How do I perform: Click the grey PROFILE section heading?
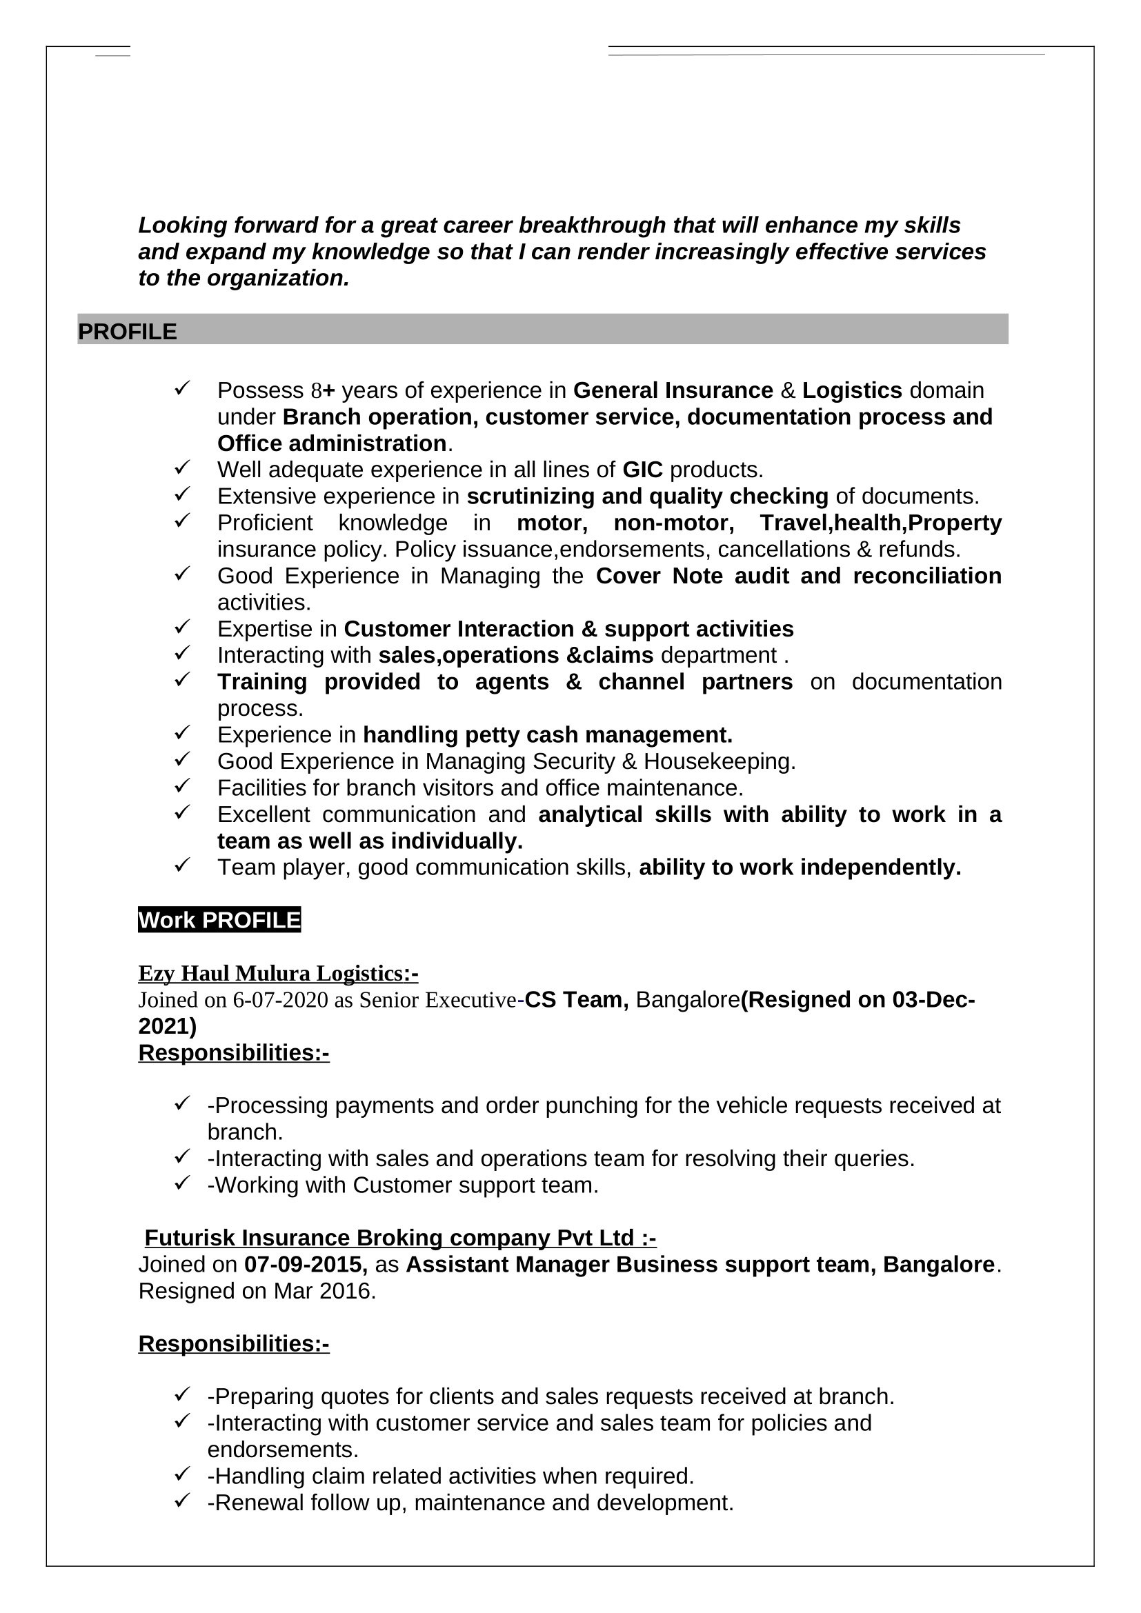click(127, 332)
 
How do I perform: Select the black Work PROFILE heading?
click(219, 921)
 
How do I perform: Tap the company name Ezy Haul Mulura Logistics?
click(277, 974)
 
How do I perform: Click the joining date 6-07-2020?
click(280, 1001)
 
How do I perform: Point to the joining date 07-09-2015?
click(305, 1265)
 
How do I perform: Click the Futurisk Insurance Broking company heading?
click(400, 1238)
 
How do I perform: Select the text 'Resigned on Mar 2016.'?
click(257, 1291)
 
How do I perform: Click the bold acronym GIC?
click(642, 470)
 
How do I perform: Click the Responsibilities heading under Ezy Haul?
click(233, 1053)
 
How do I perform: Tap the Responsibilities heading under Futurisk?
click(233, 1344)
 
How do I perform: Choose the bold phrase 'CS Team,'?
click(576, 1000)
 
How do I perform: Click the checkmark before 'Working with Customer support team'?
click(183, 1183)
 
